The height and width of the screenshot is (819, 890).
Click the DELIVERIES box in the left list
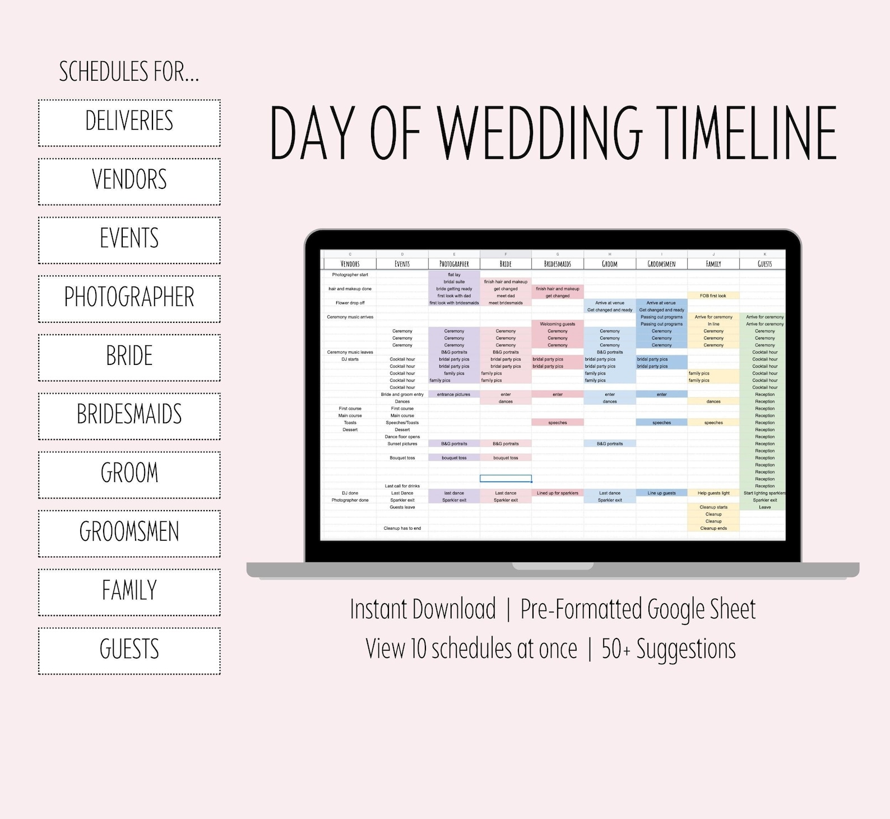(x=129, y=123)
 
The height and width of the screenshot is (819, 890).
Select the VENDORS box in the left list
(x=129, y=181)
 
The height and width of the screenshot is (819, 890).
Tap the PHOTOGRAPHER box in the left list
(x=129, y=298)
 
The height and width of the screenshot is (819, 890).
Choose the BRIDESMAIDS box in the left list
(x=129, y=415)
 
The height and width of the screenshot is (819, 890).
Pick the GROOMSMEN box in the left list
(x=129, y=533)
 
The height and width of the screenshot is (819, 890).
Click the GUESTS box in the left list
(x=129, y=650)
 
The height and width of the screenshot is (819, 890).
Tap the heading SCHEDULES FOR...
(x=129, y=72)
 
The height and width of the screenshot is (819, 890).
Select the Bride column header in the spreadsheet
(x=506, y=263)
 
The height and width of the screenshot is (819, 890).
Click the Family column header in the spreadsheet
(x=713, y=263)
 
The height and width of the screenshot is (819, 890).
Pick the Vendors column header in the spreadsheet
(x=350, y=263)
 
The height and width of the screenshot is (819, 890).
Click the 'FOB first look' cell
(x=713, y=295)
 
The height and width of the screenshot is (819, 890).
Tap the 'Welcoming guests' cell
(x=557, y=324)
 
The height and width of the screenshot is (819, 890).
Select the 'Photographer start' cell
(x=350, y=275)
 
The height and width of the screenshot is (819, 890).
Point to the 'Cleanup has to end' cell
(x=402, y=528)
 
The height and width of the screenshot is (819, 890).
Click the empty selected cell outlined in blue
(x=506, y=479)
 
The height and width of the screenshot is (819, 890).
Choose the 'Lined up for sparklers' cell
(x=557, y=493)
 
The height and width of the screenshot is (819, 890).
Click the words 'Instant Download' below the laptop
(x=423, y=609)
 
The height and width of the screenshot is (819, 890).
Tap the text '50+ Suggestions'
(x=668, y=649)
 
